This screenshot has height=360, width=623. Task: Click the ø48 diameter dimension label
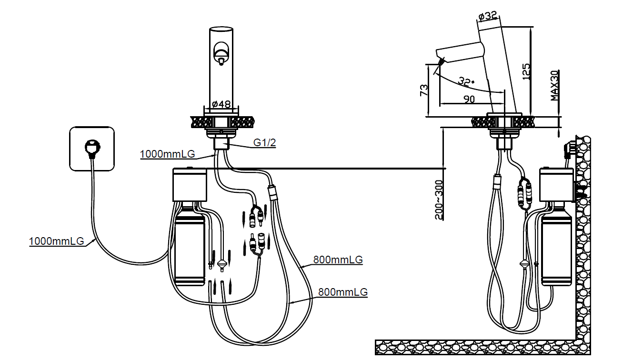click(x=221, y=104)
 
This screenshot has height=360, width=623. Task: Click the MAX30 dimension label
click(x=554, y=86)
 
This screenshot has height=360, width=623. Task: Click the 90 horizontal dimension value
click(x=469, y=99)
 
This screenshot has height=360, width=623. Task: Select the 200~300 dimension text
click(x=439, y=200)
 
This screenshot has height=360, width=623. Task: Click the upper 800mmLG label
click(x=338, y=260)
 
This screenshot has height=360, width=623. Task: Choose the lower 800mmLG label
click(x=343, y=292)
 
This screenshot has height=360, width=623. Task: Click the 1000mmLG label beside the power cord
click(x=56, y=241)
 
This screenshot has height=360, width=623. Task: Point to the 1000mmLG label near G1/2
click(x=167, y=154)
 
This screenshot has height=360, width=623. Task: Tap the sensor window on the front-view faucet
click(x=221, y=51)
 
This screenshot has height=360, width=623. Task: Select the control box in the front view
click(x=190, y=184)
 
